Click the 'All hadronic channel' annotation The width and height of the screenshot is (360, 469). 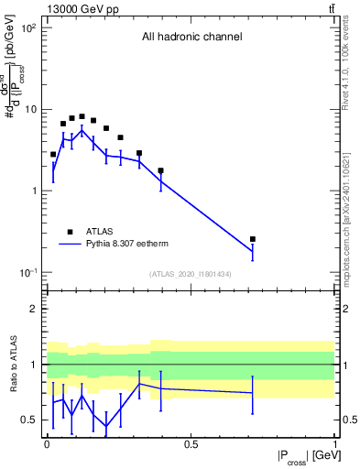tap(191, 38)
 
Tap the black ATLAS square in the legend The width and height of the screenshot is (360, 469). tap(70, 232)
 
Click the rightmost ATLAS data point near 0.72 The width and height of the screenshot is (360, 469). tap(253, 239)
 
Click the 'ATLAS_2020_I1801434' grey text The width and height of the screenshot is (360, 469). tap(191, 273)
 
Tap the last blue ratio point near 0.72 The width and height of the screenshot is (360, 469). tap(253, 393)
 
